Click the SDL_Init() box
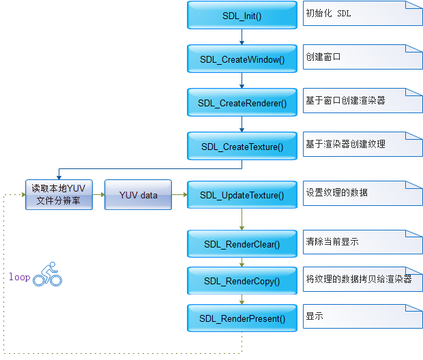pos(242,15)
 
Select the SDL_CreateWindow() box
pos(242,59)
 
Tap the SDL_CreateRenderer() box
pos(242,102)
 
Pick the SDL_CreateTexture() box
pos(242,146)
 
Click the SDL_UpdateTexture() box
pos(242,195)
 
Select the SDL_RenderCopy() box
pos(242,281)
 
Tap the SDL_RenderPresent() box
pos(242,318)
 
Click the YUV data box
pos(138,195)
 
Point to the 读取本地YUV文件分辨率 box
pos(59,195)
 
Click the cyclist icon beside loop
pos(48,274)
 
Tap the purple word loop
pos(19,277)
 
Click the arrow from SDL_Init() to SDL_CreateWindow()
pos(242,37)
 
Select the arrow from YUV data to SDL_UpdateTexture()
pos(179,195)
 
